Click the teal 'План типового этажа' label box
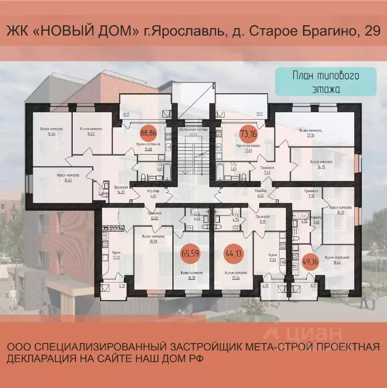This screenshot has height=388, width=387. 326,81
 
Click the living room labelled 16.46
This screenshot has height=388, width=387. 50,132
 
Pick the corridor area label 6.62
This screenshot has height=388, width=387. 261,196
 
